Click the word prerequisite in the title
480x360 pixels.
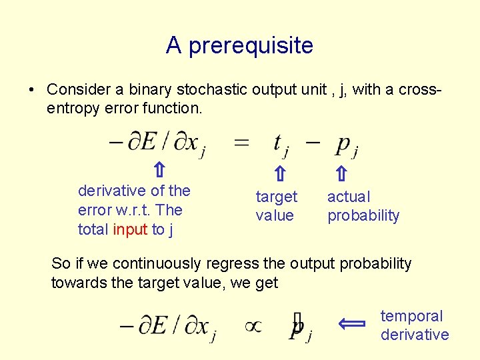click(251, 46)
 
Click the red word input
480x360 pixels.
click(131, 230)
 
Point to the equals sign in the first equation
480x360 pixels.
click(241, 142)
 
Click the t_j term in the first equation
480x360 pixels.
click(281, 143)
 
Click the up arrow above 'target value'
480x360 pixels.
click(280, 175)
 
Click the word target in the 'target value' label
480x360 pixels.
click(277, 197)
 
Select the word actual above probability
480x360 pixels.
click(348, 197)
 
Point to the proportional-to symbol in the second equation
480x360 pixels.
click(253, 326)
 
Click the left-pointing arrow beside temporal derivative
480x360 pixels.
click(351, 325)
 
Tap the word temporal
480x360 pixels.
click(411, 316)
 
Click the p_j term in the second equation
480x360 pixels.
click(299, 328)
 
